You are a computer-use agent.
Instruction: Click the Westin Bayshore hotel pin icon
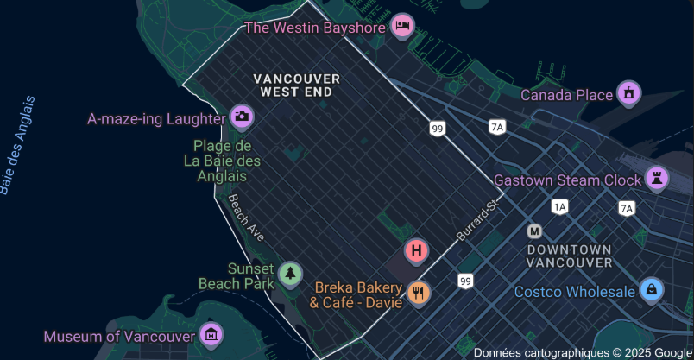click(x=402, y=27)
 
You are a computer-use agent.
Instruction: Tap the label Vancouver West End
click(x=297, y=85)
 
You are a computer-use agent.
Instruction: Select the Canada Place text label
click(x=565, y=95)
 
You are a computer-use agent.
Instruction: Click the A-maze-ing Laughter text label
click(x=155, y=118)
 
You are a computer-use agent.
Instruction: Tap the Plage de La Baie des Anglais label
click(x=222, y=161)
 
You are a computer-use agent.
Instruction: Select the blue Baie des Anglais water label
click(x=18, y=145)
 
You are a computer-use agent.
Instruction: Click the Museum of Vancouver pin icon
click(x=211, y=334)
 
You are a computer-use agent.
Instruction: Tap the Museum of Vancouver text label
click(x=120, y=336)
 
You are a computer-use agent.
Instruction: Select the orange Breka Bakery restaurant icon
click(x=419, y=293)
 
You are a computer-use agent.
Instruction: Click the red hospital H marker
click(x=417, y=252)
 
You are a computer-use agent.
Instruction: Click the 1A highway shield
click(x=560, y=207)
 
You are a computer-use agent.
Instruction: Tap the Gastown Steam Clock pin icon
click(x=657, y=179)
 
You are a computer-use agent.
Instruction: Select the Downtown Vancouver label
click(x=569, y=256)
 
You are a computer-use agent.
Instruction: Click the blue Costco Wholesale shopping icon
click(x=652, y=290)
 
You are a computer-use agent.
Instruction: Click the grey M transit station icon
click(x=535, y=231)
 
